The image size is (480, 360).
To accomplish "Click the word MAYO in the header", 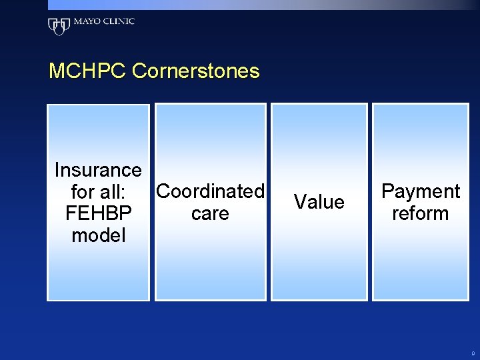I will coord(86,21).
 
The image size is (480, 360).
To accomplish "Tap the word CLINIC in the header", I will coord(118,21).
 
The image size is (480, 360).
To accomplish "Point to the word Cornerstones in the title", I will coord(196,71).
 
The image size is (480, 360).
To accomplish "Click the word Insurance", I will coord(98,170).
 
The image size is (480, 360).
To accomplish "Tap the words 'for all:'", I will coord(98,192).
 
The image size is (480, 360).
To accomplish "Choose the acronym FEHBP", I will coord(98,213).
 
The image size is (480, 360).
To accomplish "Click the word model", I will coord(98,235).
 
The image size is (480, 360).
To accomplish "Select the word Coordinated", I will coord(210,191).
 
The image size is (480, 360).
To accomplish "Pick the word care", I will coord(210,213).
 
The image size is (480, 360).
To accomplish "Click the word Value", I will coord(319,202).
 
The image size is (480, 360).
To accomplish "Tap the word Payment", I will coord(420,191).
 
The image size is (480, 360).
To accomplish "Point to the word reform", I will coord(420,213).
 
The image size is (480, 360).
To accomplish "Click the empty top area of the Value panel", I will coord(319,133).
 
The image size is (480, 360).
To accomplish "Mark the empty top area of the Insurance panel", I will coord(98,130).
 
